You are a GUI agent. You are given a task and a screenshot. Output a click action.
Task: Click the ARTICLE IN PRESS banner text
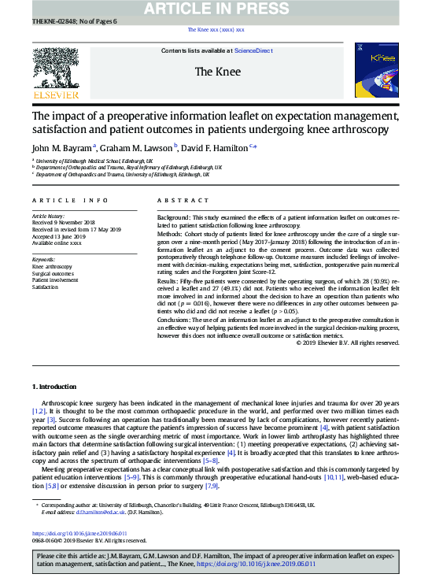(x=214, y=9)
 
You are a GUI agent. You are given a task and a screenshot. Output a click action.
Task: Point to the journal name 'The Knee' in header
(x=214, y=72)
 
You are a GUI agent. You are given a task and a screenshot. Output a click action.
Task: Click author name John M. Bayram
(x=62, y=146)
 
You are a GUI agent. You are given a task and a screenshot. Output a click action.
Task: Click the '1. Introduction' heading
(x=54, y=387)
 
